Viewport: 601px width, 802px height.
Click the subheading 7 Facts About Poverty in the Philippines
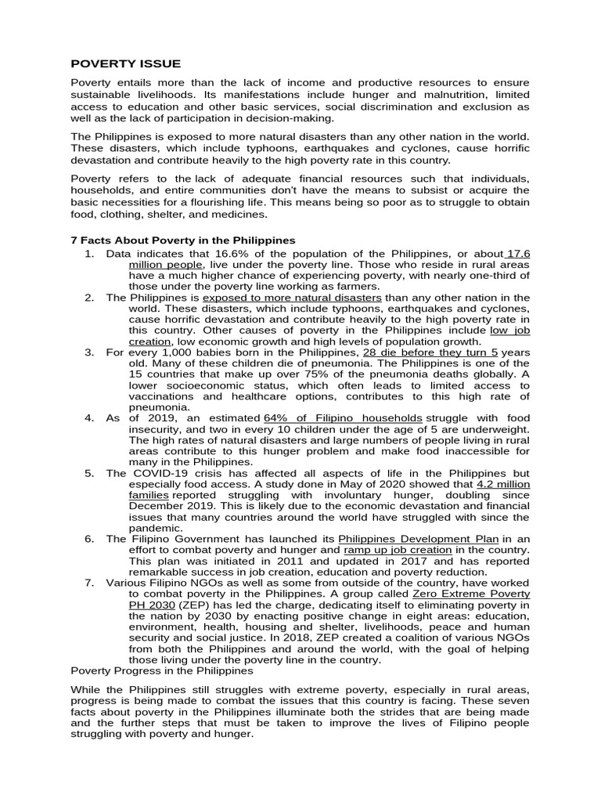(x=183, y=240)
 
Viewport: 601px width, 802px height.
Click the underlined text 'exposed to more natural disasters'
(x=292, y=298)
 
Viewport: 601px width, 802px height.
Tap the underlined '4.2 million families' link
(x=503, y=484)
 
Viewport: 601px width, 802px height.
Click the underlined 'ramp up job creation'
(x=398, y=550)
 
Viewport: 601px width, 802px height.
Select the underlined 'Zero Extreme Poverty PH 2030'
(x=470, y=594)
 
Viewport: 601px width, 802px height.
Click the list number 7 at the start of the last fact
(x=88, y=583)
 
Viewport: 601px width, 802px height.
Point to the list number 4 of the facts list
(x=88, y=418)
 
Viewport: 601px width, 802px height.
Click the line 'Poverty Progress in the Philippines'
(x=162, y=670)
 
